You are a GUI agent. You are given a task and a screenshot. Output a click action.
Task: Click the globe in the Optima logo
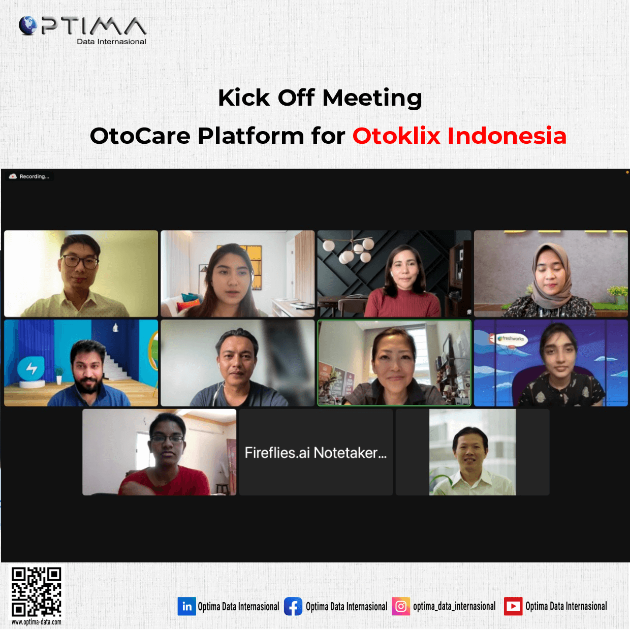point(28,25)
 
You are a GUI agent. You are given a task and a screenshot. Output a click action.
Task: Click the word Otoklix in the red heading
point(396,136)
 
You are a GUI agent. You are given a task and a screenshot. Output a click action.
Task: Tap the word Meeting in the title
point(372,98)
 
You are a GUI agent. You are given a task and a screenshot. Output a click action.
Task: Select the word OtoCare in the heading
point(140,136)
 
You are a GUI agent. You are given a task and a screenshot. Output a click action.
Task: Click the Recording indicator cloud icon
point(13,176)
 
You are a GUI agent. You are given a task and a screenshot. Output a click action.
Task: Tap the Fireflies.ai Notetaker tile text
point(316,453)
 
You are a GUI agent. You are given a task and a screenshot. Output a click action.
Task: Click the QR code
point(36,592)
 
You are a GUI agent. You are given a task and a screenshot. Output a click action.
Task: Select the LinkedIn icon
point(186,606)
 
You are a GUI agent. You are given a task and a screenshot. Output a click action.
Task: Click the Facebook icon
point(293,606)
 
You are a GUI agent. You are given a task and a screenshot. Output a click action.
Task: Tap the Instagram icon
point(401,606)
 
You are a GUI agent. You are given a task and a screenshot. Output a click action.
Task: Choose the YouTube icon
point(513,606)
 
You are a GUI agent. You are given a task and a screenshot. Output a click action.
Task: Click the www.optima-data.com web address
point(36,622)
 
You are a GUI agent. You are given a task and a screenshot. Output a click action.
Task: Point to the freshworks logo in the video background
point(511,339)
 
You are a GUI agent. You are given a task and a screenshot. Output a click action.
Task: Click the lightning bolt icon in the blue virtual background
point(31,368)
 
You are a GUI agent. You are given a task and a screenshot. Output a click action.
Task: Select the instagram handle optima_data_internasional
point(454,607)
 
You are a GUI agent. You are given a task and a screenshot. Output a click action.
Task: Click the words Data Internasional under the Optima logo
point(111,42)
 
